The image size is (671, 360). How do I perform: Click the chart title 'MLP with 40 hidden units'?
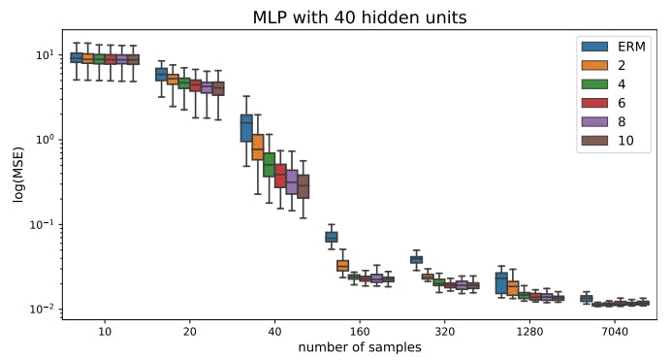pyautogui.click(x=359, y=16)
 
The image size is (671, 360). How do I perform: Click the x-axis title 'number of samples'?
pyautogui.click(x=359, y=347)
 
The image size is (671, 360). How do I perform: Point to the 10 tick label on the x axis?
pyautogui.click(x=105, y=331)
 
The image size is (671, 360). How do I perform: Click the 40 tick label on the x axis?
pyautogui.click(x=274, y=331)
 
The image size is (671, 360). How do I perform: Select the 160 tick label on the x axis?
pyautogui.click(x=360, y=331)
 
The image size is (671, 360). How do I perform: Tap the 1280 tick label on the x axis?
pyautogui.click(x=529, y=331)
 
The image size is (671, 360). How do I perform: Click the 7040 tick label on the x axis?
pyautogui.click(x=615, y=331)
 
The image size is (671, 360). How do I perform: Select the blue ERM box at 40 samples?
pyautogui.click(x=246, y=127)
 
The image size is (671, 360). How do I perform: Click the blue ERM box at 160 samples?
pyautogui.click(x=332, y=237)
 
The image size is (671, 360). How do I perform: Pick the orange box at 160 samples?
pyautogui.click(x=342, y=266)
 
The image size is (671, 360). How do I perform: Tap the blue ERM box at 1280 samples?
pyautogui.click(x=501, y=282)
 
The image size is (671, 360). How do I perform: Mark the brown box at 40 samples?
pyautogui.click(x=304, y=185)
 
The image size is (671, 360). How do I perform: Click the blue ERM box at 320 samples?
pyautogui.click(x=416, y=259)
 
